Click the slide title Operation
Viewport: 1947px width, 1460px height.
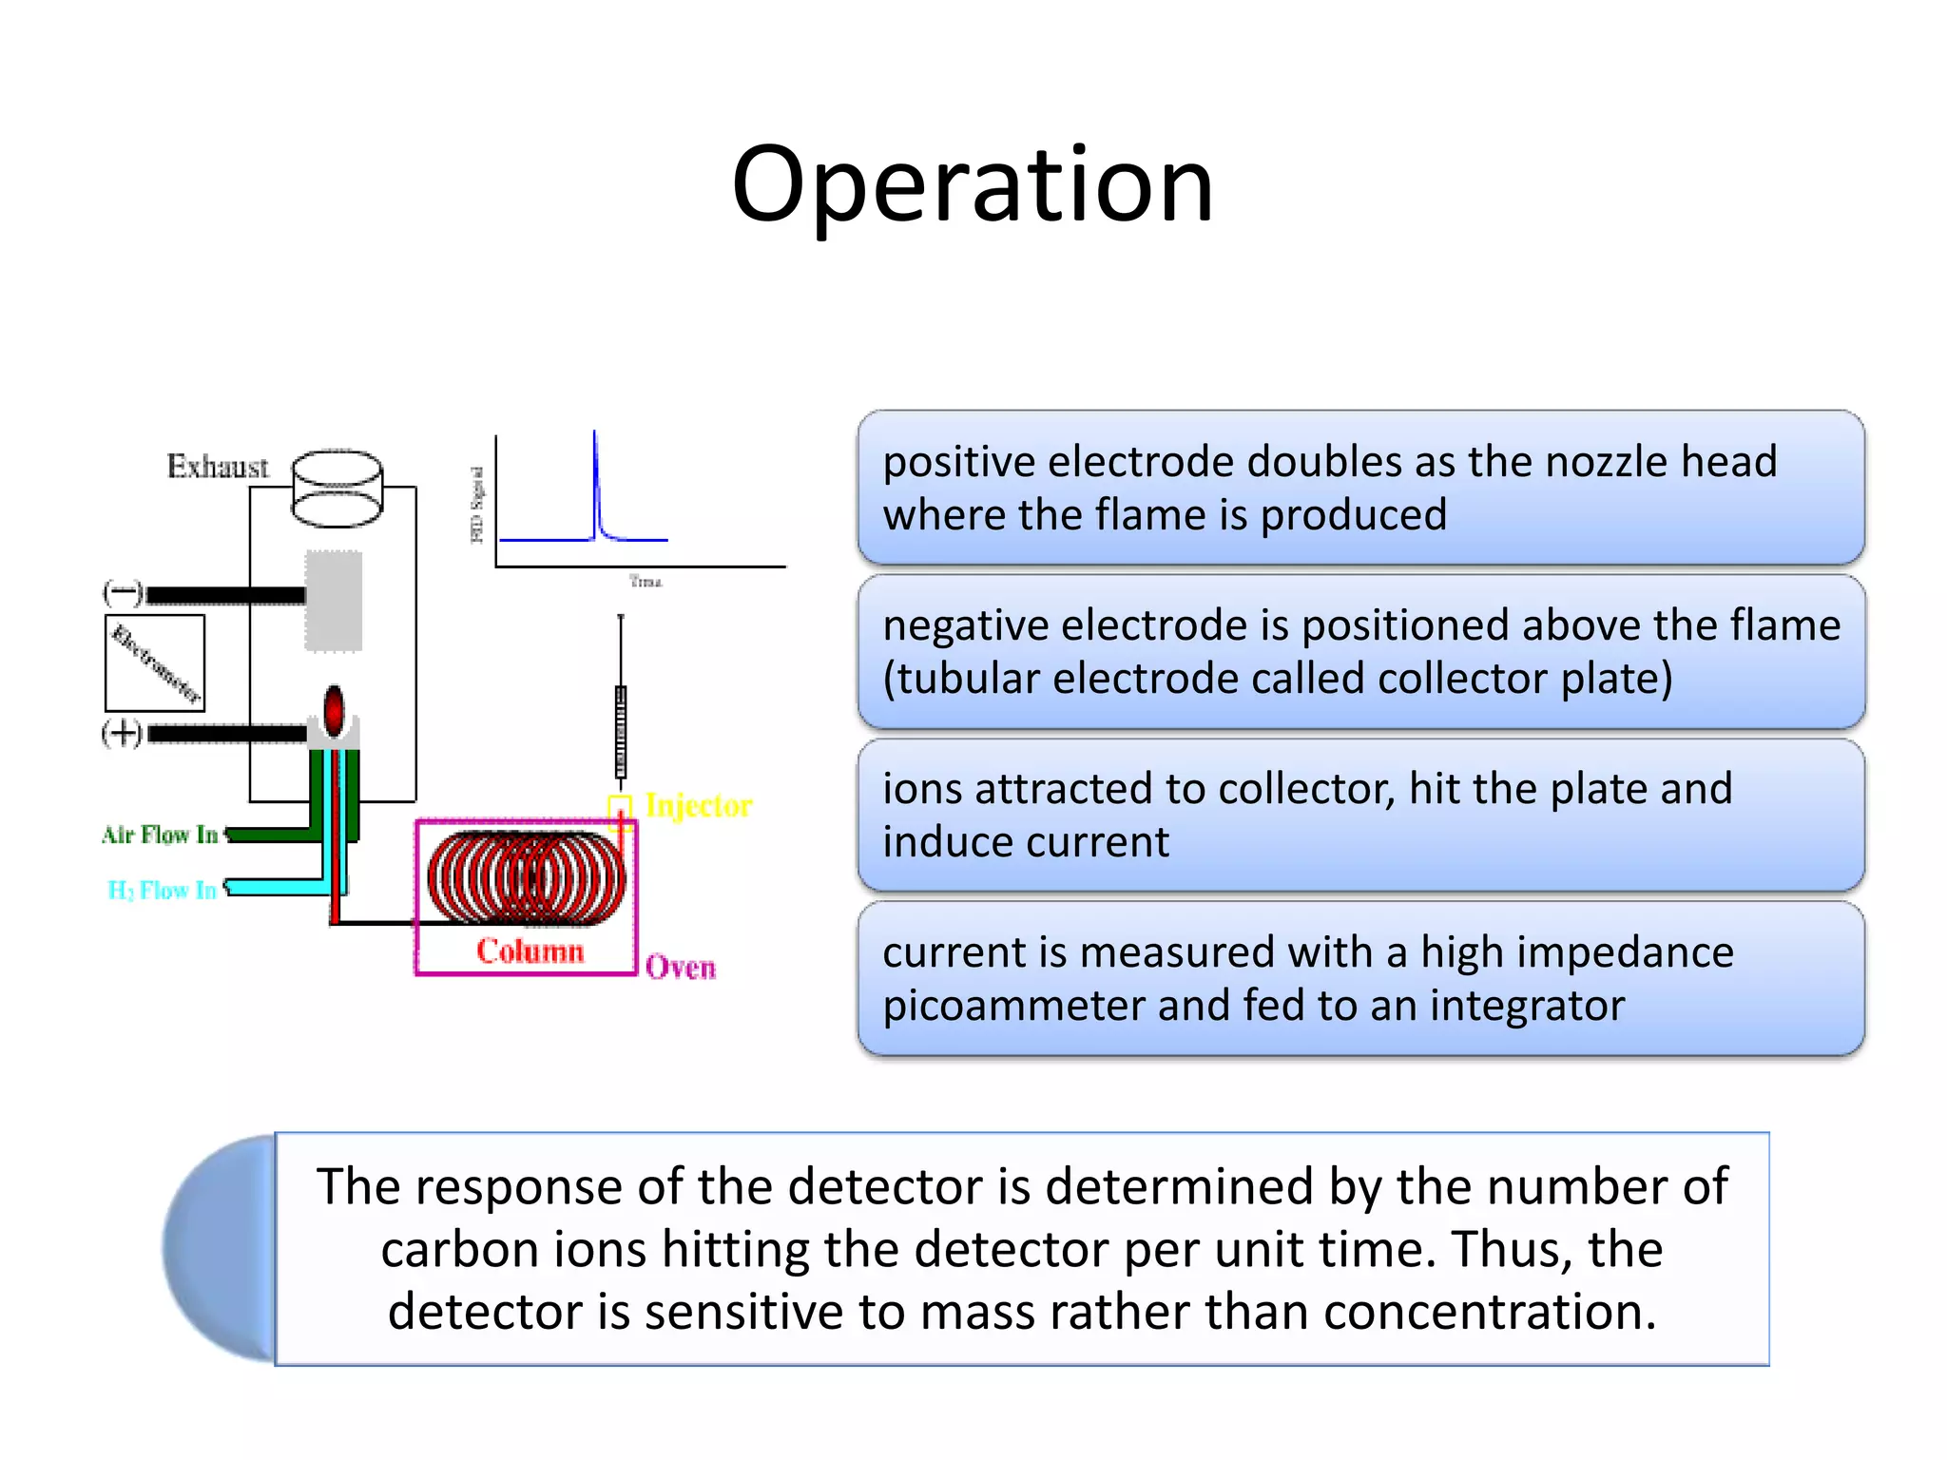coord(973,184)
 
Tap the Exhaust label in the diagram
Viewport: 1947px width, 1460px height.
coord(218,467)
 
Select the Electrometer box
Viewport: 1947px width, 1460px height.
coord(155,663)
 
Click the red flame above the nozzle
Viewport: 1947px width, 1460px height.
coord(334,709)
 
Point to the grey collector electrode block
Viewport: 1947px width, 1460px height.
coord(334,601)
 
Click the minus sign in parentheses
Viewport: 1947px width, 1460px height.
coord(123,594)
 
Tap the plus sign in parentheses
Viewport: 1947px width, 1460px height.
coord(123,733)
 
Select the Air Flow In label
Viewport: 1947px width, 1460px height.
coord(160,835)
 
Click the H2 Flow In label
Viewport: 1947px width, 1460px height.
coord(162,891)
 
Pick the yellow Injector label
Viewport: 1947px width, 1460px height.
coord(698,806)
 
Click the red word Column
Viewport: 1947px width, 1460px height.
coord(530,951)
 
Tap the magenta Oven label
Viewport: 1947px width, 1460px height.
coord(680,968)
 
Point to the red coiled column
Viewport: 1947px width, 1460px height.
coord(526,877)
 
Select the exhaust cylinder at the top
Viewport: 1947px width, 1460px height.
coord(337,489)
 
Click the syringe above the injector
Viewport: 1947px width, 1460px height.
coord(621,722)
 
